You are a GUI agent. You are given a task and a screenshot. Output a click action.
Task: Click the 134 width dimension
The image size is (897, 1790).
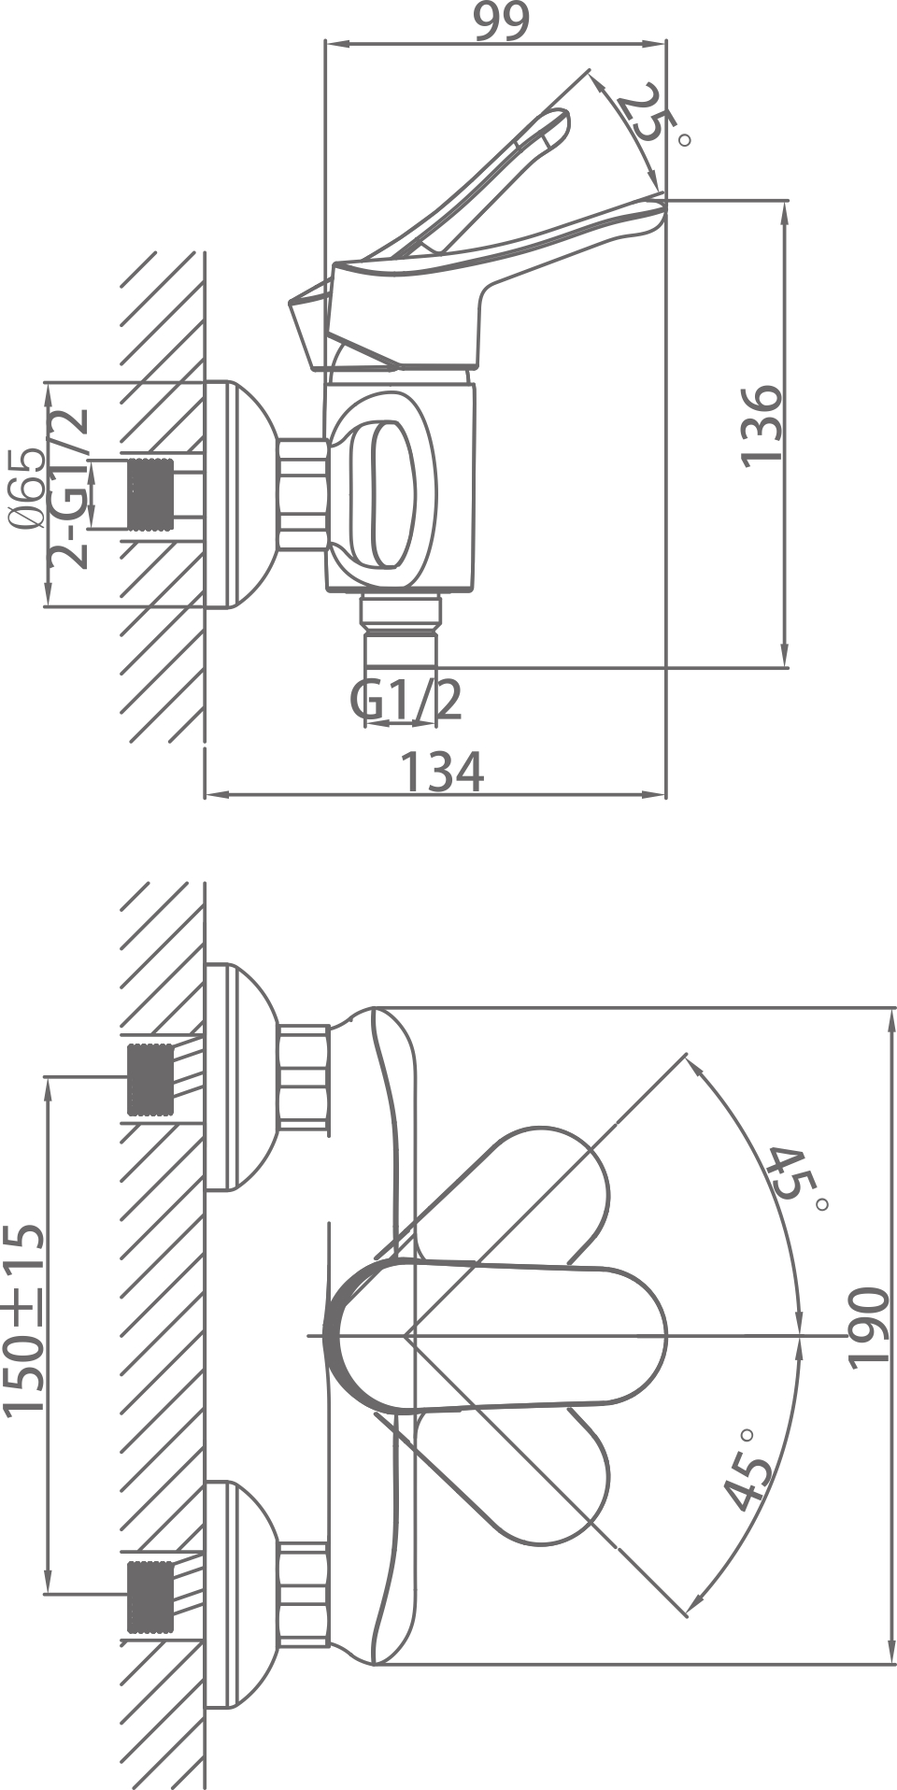[x=442, y=772]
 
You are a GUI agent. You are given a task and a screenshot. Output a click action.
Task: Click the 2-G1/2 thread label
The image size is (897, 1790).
[x=70, y=488]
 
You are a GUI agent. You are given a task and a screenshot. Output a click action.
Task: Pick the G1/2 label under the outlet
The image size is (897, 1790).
[x=406, y=699]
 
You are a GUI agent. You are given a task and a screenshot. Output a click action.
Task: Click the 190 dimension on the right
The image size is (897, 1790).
[x=868, y=1328]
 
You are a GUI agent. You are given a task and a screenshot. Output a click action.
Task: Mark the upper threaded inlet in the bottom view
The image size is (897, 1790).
[x=150, y=1079]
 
